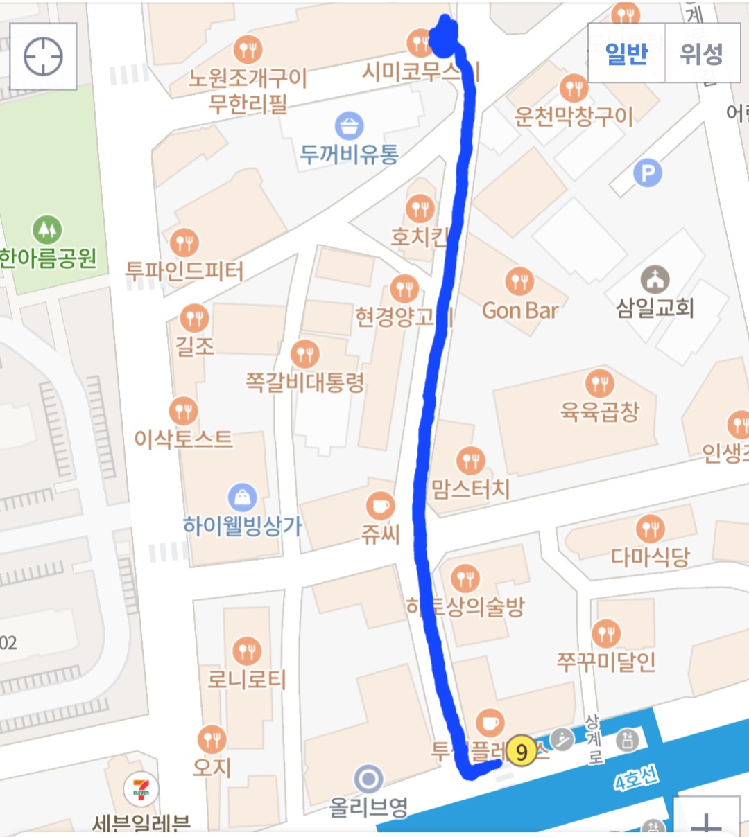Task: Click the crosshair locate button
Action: pyautogui.click(x=43, y=56)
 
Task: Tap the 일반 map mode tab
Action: pyautogui.click(x=626, y=53)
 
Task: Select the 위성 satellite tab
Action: pyautogui.click(x=701, y=53)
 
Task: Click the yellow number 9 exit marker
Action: pyautogui.click(x=522, y=752)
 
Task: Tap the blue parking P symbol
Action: pyautogui.click(x=648, y=173)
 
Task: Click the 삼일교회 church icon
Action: pyautogui.click(x=655, y=279)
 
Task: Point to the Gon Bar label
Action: pyautogui.click(x=520, y=310)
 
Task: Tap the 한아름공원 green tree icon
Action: pyautogui.click(x=47, y=229)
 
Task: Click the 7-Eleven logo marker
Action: pyautogui.click(x=141, y=790)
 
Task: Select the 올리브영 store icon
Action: pyautogui.click(x=368, y=779)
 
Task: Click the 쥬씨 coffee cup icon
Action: pyautogui.click(x=380, y=506)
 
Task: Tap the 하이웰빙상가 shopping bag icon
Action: pyautogui.click(x=242, y=497)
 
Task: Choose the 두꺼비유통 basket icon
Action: pyautogui.click(x=349, y=126)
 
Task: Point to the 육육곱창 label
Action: pyautogui.click(x=600, y=412)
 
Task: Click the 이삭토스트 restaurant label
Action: pyautogui.click(x=184, y=439)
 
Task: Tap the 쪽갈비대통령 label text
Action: pyautogui.click(x=305, y=382)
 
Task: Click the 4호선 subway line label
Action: pyautogui.click(x=635, y=779)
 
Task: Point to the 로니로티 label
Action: pyautogui.click(x=247, y=679)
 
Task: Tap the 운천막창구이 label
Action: pyautogui.click(x=574, y=116)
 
